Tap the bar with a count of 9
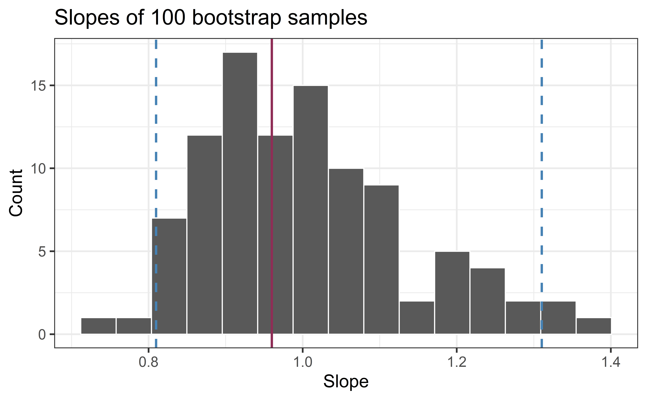coord(381,259)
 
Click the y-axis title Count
coord(16,193)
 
